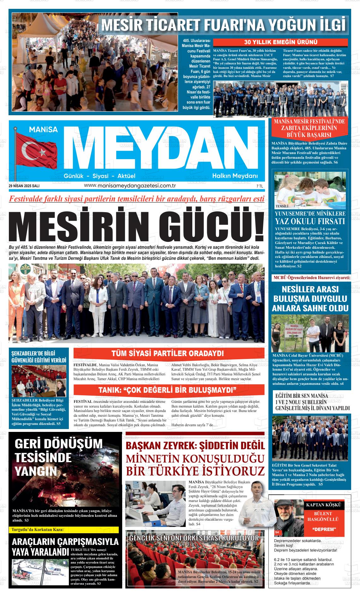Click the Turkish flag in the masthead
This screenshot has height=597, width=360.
point(36,151)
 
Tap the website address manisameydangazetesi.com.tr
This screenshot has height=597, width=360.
point(130,186)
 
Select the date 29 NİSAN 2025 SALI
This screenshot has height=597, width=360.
point(24,186)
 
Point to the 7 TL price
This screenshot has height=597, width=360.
point(260,187)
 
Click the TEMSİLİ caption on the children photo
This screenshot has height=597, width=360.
point(282,206)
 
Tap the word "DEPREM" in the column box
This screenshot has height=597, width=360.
point(324,529)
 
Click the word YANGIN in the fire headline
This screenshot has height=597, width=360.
point(36,471)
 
